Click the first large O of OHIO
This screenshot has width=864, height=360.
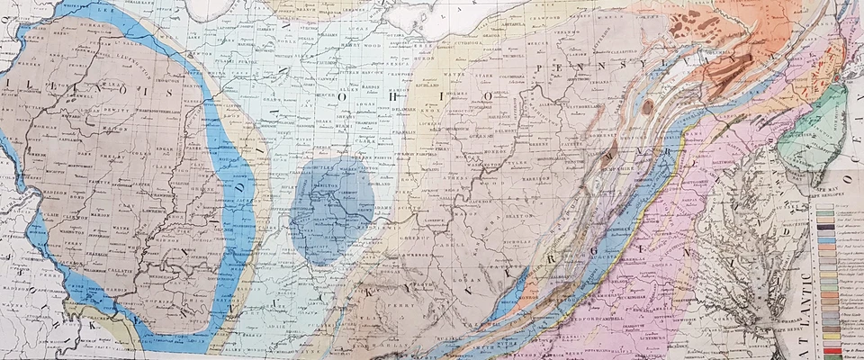pos(345,94)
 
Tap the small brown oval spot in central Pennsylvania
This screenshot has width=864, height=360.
pos(647,107)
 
